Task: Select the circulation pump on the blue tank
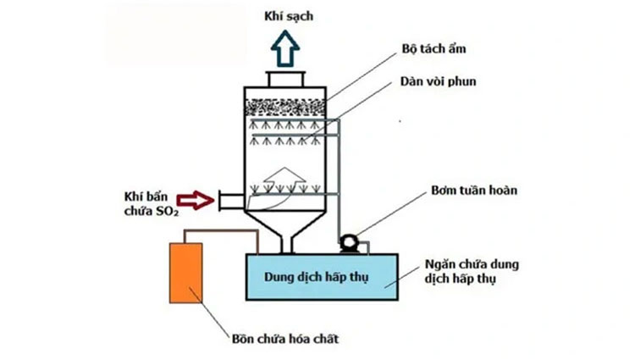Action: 349,244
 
